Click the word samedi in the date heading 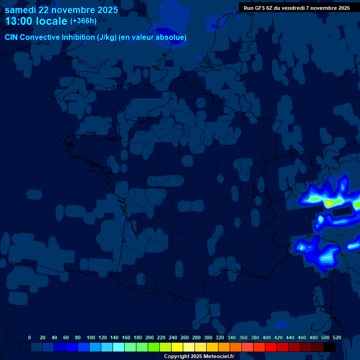coord(21,10)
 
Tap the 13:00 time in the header coord(19,21)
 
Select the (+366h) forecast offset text coord(83,21)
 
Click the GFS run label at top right coord(296,8)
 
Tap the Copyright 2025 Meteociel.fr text coord(199,357)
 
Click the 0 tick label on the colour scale coord(30,337)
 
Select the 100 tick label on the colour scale coord(91,337)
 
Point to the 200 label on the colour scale coord(150,337)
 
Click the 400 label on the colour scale coord(267,337)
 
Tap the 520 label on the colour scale coord(337,337)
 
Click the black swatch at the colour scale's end coord(330,347)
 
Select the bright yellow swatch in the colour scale coord(177,347)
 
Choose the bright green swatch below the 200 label coord(154,347)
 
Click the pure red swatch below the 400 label coord(271,347)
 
